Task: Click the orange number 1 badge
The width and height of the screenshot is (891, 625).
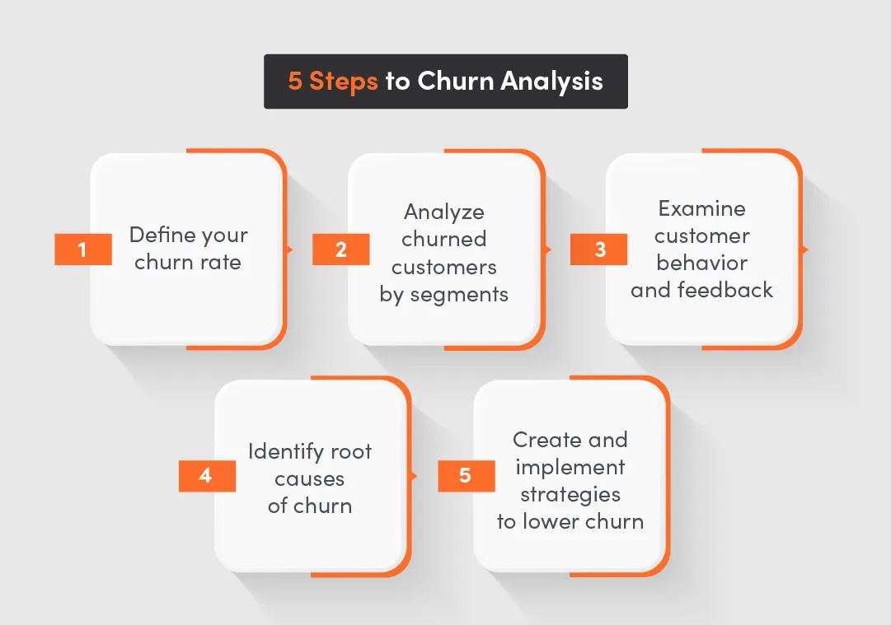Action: click(82, 250)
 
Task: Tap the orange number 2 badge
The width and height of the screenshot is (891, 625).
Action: click(340, 250)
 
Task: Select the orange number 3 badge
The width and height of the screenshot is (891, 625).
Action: click(599, 250)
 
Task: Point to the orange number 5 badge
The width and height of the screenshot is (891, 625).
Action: click(466, 476)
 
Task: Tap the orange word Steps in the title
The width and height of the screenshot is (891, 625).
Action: click(344, 82)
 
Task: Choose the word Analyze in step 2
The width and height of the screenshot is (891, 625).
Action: click(444, 212)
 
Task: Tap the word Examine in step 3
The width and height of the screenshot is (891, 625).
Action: click(702, 208)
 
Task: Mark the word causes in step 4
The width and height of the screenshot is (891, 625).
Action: click(310, 478)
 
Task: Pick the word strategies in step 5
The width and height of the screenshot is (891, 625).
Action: click(570, 495)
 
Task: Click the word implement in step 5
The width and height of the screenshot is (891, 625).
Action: click(570, 467)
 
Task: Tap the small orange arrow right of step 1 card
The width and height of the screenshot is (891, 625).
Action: click(289, 249)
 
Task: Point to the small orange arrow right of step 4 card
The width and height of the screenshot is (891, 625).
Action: click(414, 476)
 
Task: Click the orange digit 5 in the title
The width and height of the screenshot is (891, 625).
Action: click(295, 82)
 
